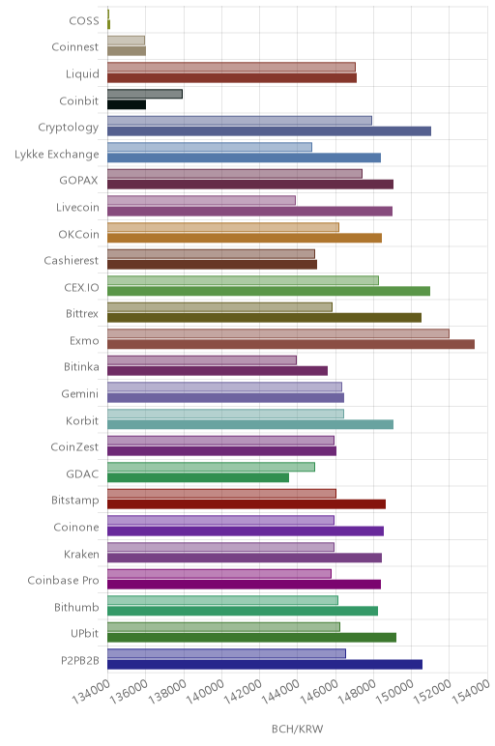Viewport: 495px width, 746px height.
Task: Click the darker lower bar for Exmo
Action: [x=291, y=344]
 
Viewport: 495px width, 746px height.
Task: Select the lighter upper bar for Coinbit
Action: [x=145, y=94]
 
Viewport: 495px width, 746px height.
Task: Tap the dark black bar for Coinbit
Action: [x=127, y=104]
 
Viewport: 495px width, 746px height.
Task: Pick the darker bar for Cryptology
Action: [x=270, y=131]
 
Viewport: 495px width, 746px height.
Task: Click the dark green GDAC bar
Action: [x=198, y=477]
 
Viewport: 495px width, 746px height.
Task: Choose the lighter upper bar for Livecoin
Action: [x=201, y=200]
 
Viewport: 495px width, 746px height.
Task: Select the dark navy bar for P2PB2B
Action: [x=265, y=664]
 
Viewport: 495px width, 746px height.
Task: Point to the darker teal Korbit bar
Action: [x=250, y=424]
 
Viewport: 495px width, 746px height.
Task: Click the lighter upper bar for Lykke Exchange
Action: [x=210, y=147]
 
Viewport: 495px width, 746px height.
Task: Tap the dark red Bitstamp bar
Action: [x=247, y=504]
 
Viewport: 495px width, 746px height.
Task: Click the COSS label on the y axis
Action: [x=84, y=21]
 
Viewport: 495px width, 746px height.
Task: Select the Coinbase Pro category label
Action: [x=63, y=581]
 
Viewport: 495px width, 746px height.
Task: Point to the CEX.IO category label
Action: [x=81, y=287]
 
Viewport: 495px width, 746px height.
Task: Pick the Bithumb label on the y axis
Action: [x=76, y=607]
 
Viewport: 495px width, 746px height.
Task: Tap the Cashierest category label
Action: [x=71, y=261]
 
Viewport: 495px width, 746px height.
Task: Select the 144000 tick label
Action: [x=280, y=691]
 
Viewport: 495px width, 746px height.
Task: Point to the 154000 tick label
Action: [x=470, y=691]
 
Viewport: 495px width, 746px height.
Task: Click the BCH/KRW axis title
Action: [x=298, y=729]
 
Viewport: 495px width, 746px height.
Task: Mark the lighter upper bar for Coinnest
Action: [x=126, y=41]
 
